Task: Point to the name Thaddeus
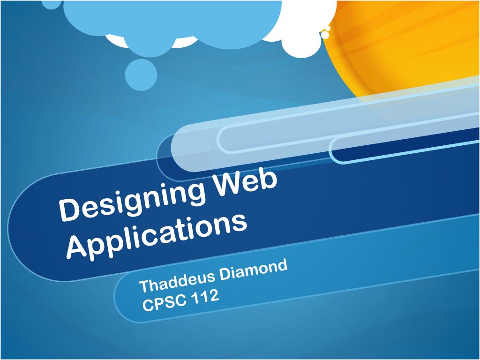(177, 280)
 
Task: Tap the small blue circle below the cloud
(141, 75)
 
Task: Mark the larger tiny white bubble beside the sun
(325, 35)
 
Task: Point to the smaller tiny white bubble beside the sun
(328, 28)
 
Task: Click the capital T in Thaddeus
(145, 286)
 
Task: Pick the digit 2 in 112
(214, 295)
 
